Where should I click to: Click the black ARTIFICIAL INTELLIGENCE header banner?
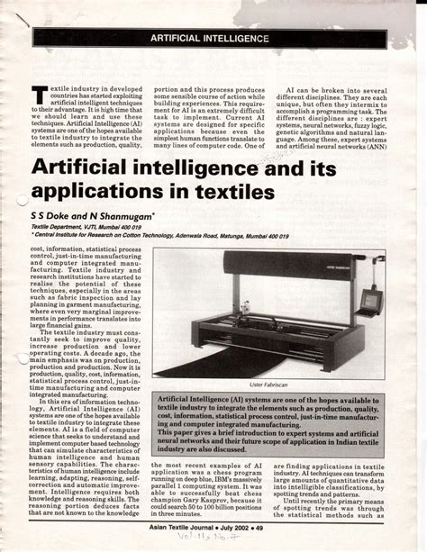[213, 41]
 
